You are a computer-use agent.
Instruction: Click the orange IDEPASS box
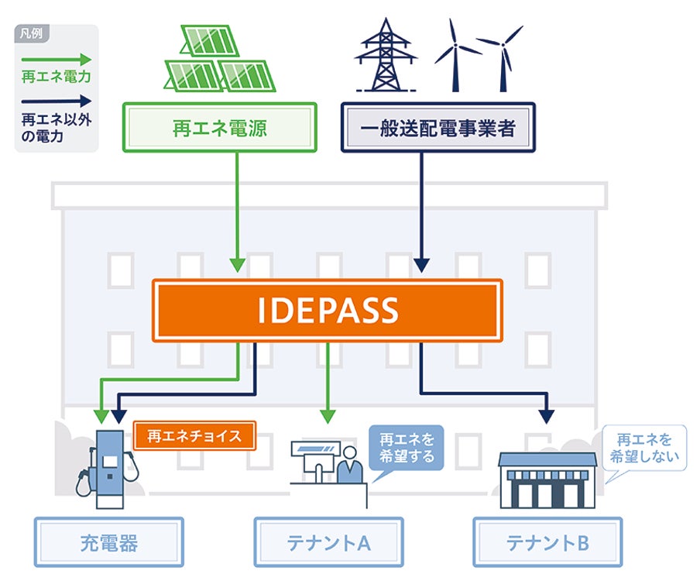[x=328, y=311]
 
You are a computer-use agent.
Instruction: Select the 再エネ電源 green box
[x=220, y=128]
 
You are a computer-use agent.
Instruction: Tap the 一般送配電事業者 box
[x=438, y=128]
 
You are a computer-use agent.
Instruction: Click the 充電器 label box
[x=109, y=542]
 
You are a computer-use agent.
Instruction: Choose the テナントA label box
[x=328, y=542]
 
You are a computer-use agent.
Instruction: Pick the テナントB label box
[x=547, y=542]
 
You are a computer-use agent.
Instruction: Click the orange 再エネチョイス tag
[x=194, y=435]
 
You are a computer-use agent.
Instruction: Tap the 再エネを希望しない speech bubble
[x=644, y=448]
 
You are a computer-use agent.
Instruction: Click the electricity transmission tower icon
[x=386, y=55]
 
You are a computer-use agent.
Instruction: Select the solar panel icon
[x=220, y=59]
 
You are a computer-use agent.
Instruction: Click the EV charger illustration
[x=108, y=469]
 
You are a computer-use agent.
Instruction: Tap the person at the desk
[x=349, y=466]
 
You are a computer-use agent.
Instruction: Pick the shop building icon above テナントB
[x=547, y=480]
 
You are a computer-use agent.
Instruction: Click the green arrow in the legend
[x=57, y=59]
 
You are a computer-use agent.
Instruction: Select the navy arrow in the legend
[x=57, y=101]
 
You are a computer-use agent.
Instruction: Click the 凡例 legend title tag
[x=31, y=33]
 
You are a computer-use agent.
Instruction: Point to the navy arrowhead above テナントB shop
[x=547, y=417]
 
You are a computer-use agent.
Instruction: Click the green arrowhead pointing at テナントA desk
[x=328, y=417]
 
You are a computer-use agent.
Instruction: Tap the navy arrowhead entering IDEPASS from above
[x=421, y=265]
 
